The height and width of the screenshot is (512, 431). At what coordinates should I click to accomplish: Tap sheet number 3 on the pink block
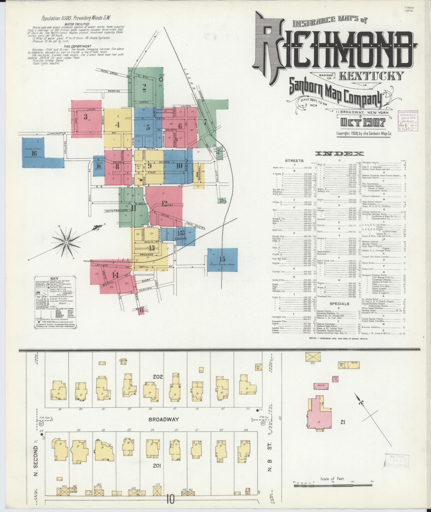pyautogui.click(x=86, y=117)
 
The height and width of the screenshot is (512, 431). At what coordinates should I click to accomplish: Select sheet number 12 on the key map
pyautogui.click(x=164, y=203)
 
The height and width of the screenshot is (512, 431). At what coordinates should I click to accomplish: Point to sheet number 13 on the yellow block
pyautogui.click(x=152, y=248)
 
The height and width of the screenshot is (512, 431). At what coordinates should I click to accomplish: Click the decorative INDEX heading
pyautogui.click(x=339, y=153)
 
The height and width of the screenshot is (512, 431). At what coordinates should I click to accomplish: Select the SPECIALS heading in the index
pyautogui.click(x=339, y=304)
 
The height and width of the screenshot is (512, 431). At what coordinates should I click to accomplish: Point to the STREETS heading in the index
pyautogui.click(x=294, y=161)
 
